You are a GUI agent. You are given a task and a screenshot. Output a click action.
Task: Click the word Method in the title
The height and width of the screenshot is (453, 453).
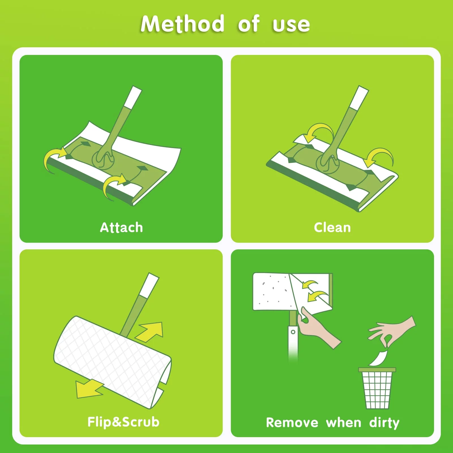coord(183,24)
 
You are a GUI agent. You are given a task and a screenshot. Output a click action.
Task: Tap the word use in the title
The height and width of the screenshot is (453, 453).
coord(291,25)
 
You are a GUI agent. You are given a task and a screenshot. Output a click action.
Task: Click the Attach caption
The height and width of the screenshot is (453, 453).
coord(121,227)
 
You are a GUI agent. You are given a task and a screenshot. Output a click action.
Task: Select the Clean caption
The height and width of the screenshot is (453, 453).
coord(332,227)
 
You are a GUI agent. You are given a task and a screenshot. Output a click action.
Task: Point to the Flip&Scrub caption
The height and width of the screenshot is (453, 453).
coord(123,422)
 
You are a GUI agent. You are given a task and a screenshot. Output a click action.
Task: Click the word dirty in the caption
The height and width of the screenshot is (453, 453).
coord(384,423)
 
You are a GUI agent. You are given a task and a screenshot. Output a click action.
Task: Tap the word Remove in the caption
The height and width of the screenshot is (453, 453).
coord(292,423)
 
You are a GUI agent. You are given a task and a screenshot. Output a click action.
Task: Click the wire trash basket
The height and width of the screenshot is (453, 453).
coord(377,388)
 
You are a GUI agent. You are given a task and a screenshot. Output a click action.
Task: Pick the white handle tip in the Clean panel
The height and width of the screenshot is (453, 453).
coord(359,97)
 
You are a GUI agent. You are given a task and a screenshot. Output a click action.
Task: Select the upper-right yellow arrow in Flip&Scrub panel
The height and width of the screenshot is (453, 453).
coord(150,331)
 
